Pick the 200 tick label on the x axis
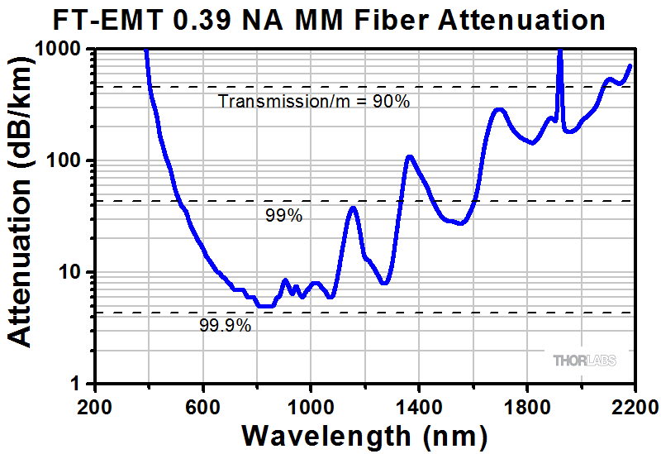(96, 406)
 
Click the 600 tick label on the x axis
(203, 406)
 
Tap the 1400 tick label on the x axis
(419, 406)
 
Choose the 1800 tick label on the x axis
(526, 406)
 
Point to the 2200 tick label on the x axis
(634, 406)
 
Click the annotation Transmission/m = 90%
(314, 102)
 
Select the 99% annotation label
(283, 216)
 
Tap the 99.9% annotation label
(225, 326)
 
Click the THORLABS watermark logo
(584, 361)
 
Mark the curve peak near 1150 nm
(354, 208)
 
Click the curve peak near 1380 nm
(409, 156)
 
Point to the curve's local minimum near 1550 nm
(460, 223)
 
